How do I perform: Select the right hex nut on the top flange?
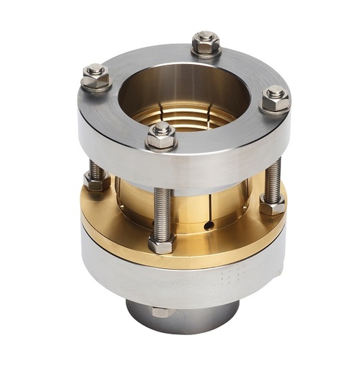pos(274,99)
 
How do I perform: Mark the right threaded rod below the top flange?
pos(272,180)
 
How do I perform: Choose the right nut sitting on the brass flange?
pos(272,206)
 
